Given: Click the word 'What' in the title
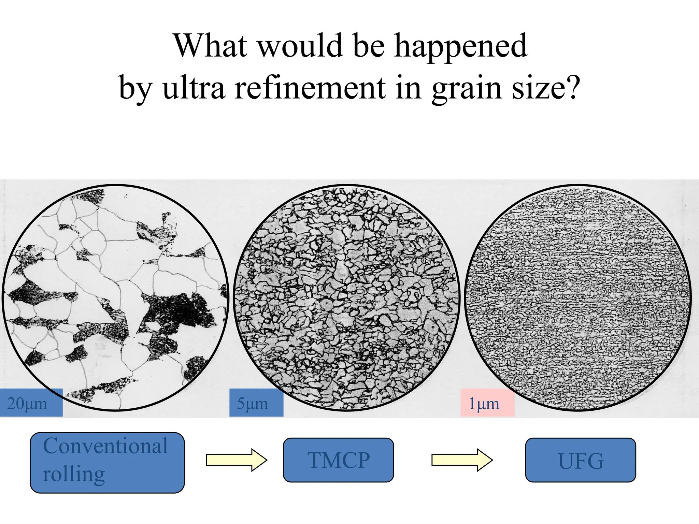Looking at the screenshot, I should [x=210, y=46].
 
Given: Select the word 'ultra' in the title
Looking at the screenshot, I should [x=194, y=88].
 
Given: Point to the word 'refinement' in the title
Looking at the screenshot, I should [x=310, y=88].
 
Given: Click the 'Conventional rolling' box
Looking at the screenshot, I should [x=107, y=463].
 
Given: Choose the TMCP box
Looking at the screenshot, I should [x=338, y=460].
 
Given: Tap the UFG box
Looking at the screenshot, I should [x=580, y=460].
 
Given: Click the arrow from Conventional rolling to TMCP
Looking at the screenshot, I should [x=236, y=460].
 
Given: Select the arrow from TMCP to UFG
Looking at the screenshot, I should [x=462, y=460].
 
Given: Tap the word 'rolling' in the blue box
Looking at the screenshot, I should [x=74, y=474].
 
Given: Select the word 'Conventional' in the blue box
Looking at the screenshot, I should [x=105, y=446].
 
